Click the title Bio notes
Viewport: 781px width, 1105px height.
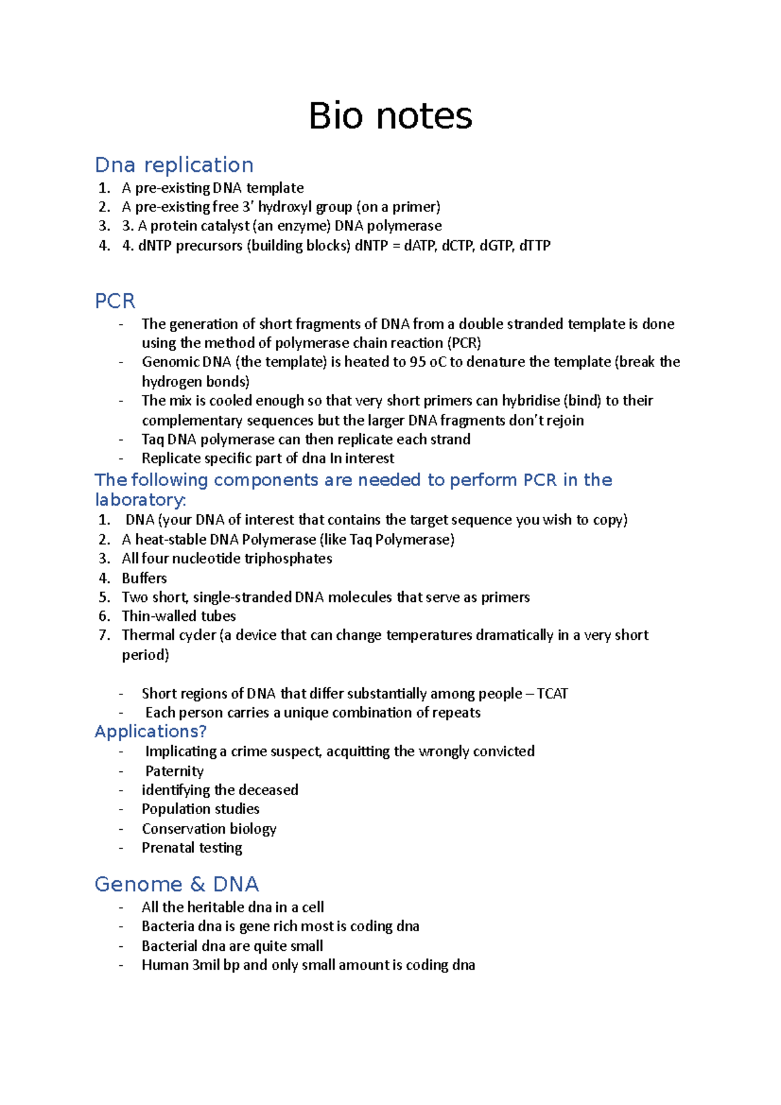pyautogui.click(x=390, y=116)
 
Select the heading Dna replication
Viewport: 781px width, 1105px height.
pyautogui.click(x=174, y=165)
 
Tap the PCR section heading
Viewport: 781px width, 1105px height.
pyautogui.click(x=115, y=301)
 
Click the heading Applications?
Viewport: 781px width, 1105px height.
pyautogui.click(x=150, y=731)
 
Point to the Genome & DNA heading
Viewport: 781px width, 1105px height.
pyautogui.click(x=176, y=884)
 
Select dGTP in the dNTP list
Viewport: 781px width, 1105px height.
pyautogui.click(x=496, y=246)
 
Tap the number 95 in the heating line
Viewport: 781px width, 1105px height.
pyautogui.click(x=418, y=362)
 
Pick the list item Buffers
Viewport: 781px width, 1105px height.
pyautogui.click(x=144, y=578)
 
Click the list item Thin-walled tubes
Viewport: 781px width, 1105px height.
pyautogui.click(x=178, y=616)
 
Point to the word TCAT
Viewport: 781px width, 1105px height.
pyautogui.click(x=552, y=694)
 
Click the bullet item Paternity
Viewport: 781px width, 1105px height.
pyautogui.click(x=174, y=771)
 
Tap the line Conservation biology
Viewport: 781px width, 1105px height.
pyautogui.click(x=209, y=828)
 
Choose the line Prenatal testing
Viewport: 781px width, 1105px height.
pyautogui.click(x=192, y=848)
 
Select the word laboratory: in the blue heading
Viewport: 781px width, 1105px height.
pyautogui.click(x=140, y=500)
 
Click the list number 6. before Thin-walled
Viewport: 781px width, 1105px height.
pyautogui.click(x=104, y=616)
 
